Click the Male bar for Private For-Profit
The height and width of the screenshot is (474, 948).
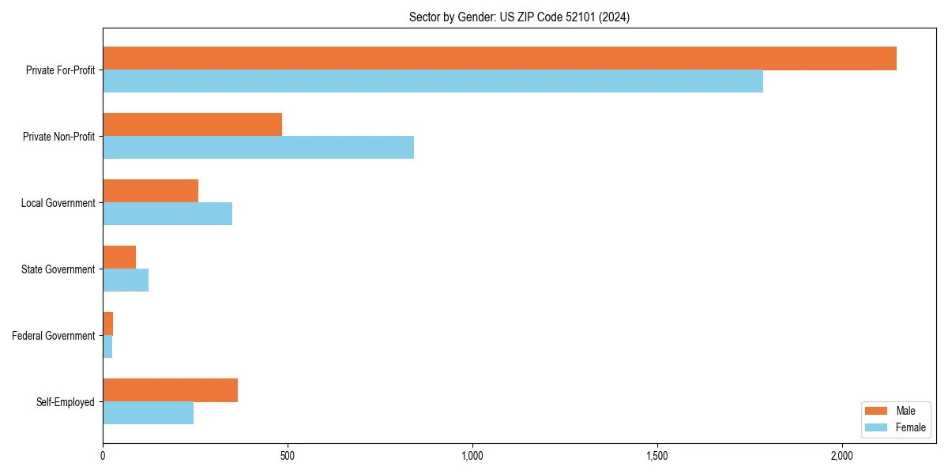coord(499,58)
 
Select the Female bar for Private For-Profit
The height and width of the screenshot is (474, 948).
coord(433,81)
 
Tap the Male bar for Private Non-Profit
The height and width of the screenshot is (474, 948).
coord(192,125)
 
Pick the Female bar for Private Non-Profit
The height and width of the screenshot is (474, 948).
coord(258,148)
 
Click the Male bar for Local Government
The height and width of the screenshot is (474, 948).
coord(150,191)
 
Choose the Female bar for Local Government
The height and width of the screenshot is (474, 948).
coord(167,214)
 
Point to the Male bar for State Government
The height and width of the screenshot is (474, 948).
coord(119,258)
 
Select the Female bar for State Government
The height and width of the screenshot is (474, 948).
coord(126,280)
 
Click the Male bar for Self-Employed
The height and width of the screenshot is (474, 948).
coord(170,390)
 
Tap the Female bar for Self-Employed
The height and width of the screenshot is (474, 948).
coord(148,413)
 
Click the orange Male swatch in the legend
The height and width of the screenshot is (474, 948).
coord(877,411)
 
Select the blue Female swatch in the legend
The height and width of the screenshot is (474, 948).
coord(877,427)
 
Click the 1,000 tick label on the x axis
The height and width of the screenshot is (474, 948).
coord(472,456)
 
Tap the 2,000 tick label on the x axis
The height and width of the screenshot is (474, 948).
coord(842,456)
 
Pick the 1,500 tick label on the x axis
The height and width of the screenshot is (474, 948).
coord(657,456)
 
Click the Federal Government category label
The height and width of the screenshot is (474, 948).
coord(54,336)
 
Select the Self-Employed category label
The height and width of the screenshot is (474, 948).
coord(66,402)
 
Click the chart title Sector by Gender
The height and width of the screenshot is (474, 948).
coord(519,17)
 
